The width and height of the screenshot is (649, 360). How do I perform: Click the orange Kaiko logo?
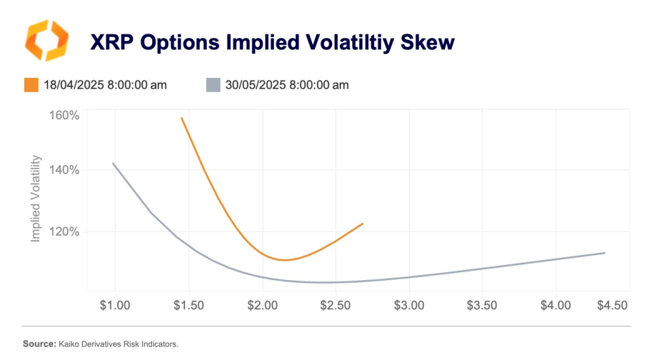click(45, 41)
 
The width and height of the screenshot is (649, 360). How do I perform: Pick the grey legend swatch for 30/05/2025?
click(213, 84)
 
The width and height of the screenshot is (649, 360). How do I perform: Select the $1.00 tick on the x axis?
click(115, 305)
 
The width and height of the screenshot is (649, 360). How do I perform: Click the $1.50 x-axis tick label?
click(189, 305)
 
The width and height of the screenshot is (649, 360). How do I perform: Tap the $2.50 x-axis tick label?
click(336, 305)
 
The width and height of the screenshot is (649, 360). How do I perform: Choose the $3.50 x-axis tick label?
click(482, 305)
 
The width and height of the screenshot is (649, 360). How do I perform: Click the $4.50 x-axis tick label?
click(612, 305)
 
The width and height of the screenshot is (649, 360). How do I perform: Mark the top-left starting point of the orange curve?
click(182, 118)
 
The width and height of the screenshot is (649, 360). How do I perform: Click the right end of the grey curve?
click(605, 253)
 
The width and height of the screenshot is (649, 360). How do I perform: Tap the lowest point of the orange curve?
click(284, 260)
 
